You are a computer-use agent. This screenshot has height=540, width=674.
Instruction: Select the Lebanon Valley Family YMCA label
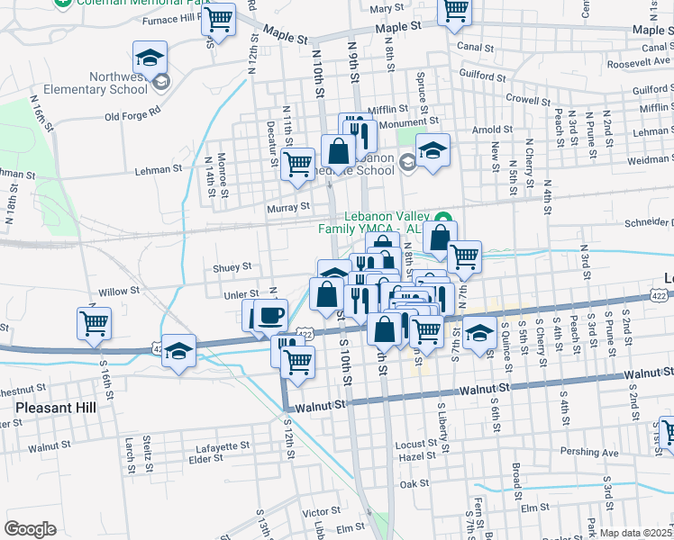click(384, 222)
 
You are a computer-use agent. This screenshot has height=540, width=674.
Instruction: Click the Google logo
click(30, 529)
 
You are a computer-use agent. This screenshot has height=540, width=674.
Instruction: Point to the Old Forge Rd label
click(132, 113)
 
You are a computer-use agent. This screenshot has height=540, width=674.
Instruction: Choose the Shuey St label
click(232, 266)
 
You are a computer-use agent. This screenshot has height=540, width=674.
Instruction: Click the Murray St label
click(288, 206)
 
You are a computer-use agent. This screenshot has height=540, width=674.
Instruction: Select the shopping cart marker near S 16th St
click(94, 322)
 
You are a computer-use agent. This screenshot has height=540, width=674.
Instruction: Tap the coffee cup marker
click(271, 315)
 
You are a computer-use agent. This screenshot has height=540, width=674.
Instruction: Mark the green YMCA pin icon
click(443, 218)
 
